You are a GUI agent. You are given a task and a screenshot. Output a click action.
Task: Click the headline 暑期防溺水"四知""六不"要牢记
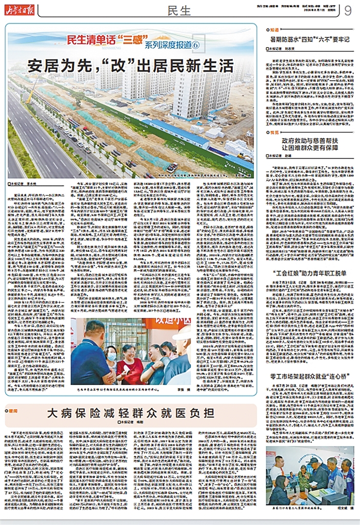(x=310, y=38)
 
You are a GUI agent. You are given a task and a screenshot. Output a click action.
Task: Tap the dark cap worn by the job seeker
(x=312, y=460)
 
